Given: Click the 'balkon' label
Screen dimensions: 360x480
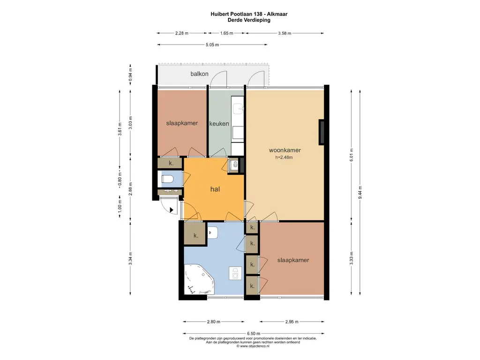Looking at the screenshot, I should pyautogui.click(x=200, y=74).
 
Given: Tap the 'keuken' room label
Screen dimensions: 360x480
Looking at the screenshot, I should pyautogui.click(x=220, y=124).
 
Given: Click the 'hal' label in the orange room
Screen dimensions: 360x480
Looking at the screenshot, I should pyautogui.click(x=215, y=189).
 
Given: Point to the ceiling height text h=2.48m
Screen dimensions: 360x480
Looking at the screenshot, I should pyautogui.click(x=284, y=158).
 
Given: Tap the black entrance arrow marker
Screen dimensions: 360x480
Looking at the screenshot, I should pyautogui.click(x=172, y=210).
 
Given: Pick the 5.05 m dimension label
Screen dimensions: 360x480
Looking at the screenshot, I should pyautogui.click(x=212, y=45).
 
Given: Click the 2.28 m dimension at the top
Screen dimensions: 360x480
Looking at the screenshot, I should pyautogui.click(x=182, y=33).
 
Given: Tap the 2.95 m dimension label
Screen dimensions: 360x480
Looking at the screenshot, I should pyautogui.click(x=292, y=322).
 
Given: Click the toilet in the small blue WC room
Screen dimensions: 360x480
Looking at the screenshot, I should pyautogui.click(x=167, y=179).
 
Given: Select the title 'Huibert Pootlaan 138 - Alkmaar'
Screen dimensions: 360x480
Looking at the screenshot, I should pyautogui.click(x=249, y=15).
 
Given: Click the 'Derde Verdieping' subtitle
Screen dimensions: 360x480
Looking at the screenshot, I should pyautogui.click(x=249, y=21).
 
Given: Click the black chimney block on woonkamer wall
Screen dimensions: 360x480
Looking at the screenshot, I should pyautogui.click(x=322, y=132).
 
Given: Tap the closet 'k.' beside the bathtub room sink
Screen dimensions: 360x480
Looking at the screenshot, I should pyautogui.click(x=195, y=235).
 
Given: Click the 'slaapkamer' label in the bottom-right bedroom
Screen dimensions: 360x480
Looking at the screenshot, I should pyautogui.click(x=293, y=260).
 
